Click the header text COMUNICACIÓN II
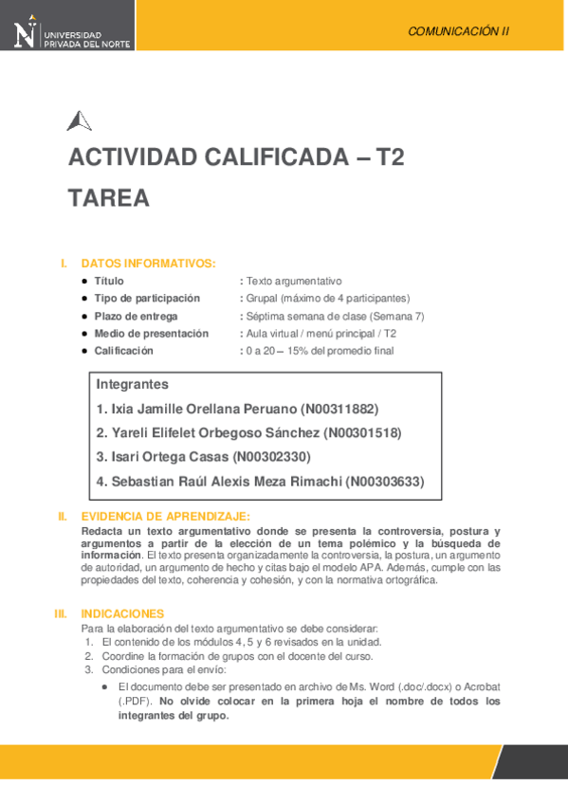click(x=458, y=31)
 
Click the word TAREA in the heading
click(x=109, y=198)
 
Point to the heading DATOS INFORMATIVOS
click(x=149, y=264)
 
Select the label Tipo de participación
click(x=147, y=299)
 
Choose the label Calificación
click(x=123, y=351)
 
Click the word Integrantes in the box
click(x=133, y=385)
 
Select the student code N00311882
click(x=339, y=410)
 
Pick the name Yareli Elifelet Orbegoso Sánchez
click(x=214, y=433)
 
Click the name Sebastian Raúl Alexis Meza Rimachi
click(x=226, y=482)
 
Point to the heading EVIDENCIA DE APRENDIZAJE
click(x=166, y=517)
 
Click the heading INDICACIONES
click(x=122, y=614)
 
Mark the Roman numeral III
click(x=61, y=614)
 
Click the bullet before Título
click(x=85, y=282)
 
